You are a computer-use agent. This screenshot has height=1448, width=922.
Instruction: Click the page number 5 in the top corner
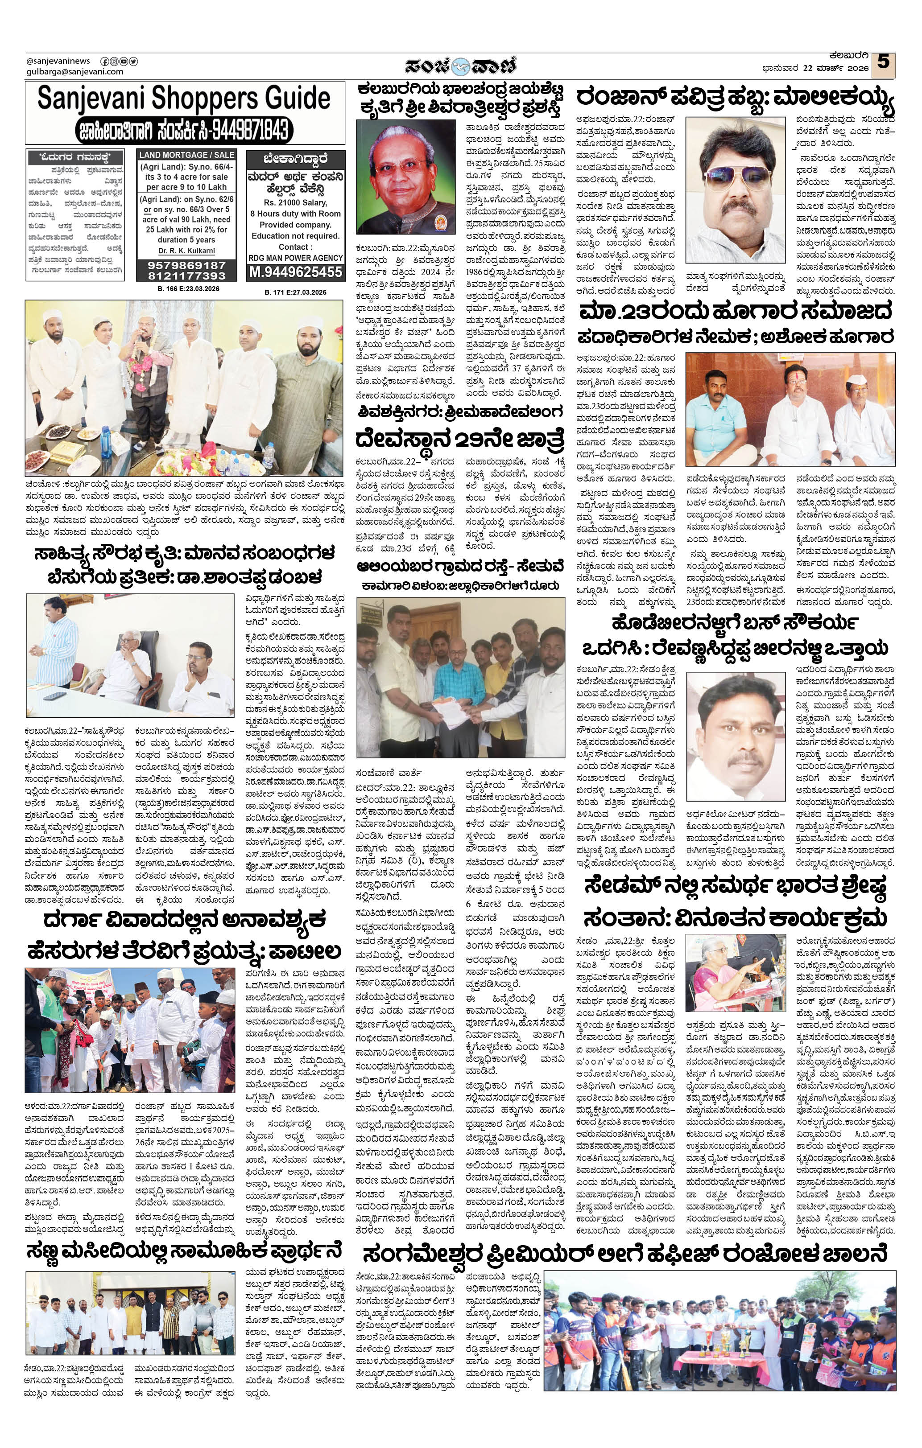pyautogui.click(x=882, y=62)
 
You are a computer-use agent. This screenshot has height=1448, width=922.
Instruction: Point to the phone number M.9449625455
pyautogui.click(x=295, y=272)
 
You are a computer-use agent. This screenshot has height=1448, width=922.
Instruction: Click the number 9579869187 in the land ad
pyautogui.click(x=186, y=265)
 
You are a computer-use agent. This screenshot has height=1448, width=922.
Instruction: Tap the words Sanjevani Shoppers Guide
pyautogui.click(x=184, y=99)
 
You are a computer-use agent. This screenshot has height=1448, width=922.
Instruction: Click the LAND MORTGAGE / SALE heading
pyautogui.click(x=186, y=155)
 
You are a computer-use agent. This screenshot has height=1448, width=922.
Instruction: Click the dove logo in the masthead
pyautogui.click(x=460, y=66)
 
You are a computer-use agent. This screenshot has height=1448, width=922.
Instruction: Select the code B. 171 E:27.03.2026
pyautogui.click(x=295, y=292)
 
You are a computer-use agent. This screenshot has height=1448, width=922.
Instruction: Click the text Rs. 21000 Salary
pyautogui.click(x=295, y=203)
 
